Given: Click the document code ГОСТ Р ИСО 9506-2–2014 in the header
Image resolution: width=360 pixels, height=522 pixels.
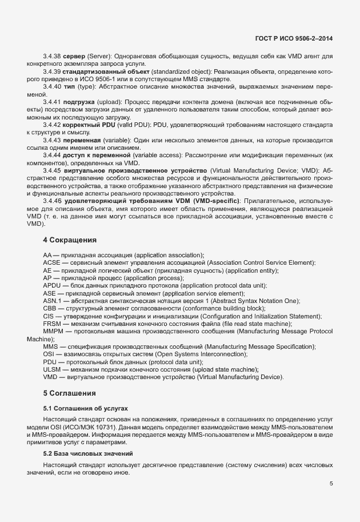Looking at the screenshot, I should point(294,38).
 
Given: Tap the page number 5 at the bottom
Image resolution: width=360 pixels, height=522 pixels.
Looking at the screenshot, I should point(331,484).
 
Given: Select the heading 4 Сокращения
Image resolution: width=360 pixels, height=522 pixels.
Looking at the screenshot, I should point(70,240).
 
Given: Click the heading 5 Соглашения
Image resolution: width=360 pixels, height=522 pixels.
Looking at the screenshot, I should point(69,393).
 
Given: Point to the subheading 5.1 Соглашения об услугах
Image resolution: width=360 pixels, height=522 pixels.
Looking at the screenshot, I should point(85,409).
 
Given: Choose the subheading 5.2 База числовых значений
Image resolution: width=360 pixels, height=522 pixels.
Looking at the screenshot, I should point(89,453).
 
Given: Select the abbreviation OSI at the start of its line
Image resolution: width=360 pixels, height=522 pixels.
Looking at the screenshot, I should point(49,354).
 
